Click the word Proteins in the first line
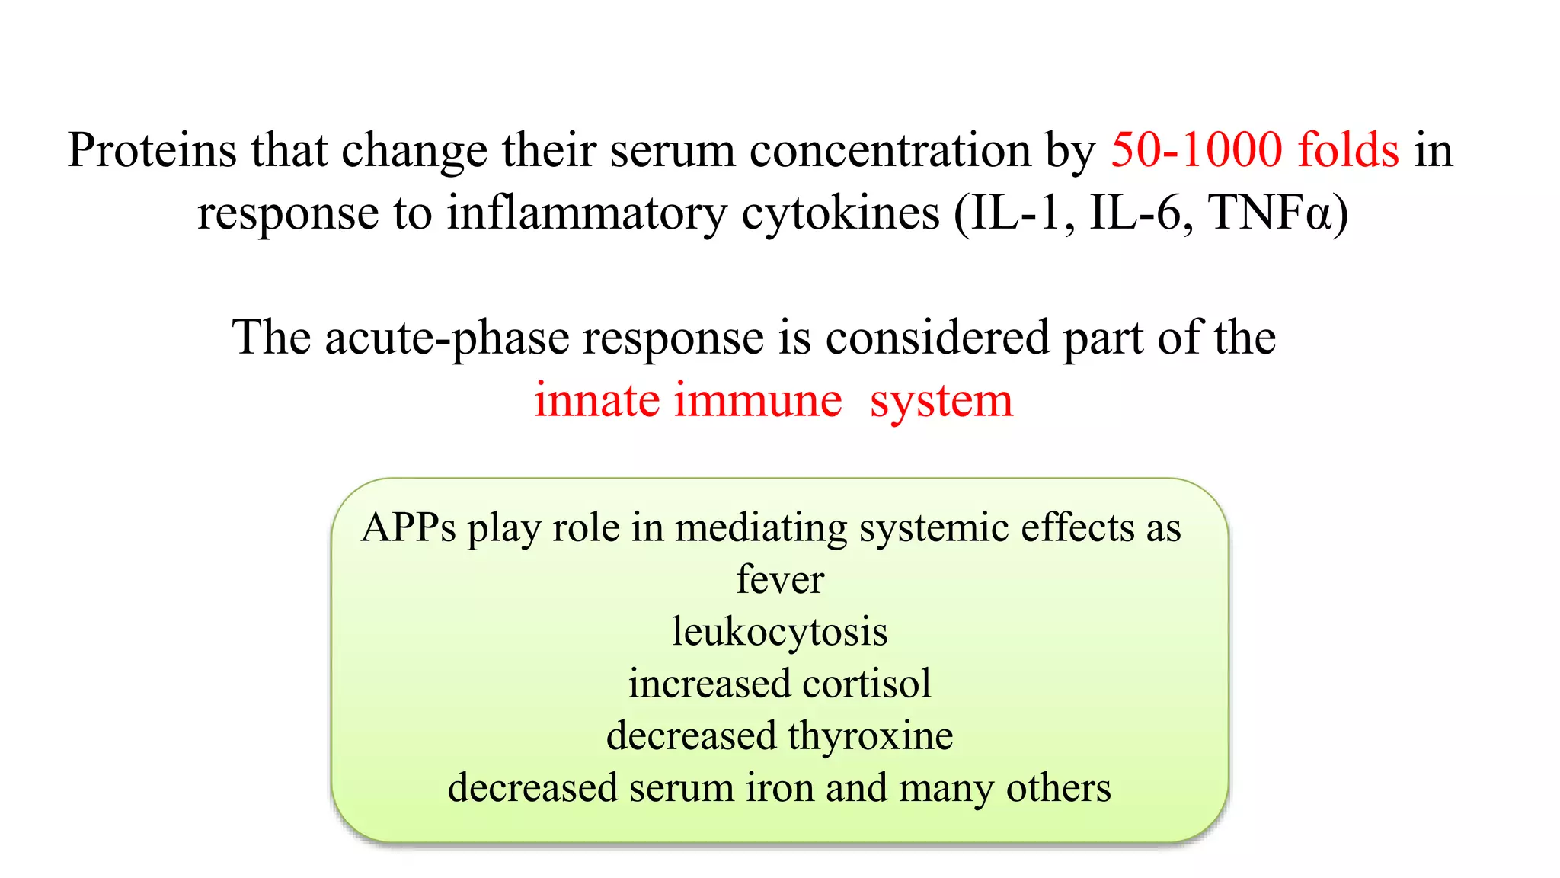point(152,149)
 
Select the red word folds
point(1348,149)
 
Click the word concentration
point(890,149)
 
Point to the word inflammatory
point(587,213)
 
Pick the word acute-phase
point(447,338)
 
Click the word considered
point(937,338)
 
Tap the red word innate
point(596,400)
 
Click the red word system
point(941,402)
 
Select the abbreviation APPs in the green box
point(408,527)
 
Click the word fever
point(780,579)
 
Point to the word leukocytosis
point(780,632)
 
